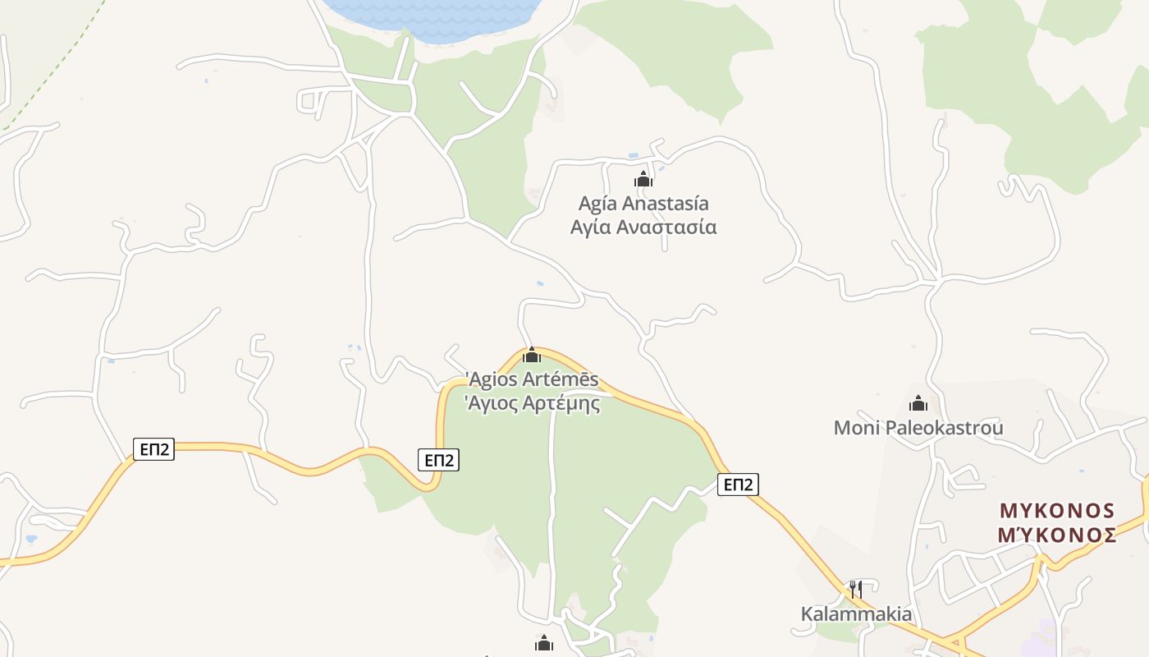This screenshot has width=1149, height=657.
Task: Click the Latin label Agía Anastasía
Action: point(643,203)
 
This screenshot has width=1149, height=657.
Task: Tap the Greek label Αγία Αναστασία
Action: point(643,227)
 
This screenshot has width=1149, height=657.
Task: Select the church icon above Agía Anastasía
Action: point(643,179)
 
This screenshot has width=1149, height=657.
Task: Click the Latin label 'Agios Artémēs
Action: point(532,380)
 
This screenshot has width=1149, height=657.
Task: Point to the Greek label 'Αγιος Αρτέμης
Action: point(532,403)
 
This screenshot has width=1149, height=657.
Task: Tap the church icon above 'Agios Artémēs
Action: point(532,355)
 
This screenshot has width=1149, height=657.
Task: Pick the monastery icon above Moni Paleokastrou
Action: point(918,403)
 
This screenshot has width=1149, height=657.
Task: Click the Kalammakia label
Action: point(856,613)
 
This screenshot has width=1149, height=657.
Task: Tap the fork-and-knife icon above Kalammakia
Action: point(855,589)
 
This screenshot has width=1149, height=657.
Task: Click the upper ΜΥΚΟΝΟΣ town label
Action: point(1057,511)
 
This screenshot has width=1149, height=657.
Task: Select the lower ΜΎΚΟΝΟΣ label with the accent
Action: point(1057,535)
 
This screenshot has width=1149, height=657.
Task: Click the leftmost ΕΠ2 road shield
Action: point(154,449)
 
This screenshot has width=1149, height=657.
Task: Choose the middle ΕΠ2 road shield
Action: point(438,460)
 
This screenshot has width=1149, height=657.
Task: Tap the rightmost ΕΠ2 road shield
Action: point(738,485)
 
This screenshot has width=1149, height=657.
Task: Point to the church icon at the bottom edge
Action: point(544,643)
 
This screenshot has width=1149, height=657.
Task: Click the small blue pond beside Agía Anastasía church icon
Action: point(633,155)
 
